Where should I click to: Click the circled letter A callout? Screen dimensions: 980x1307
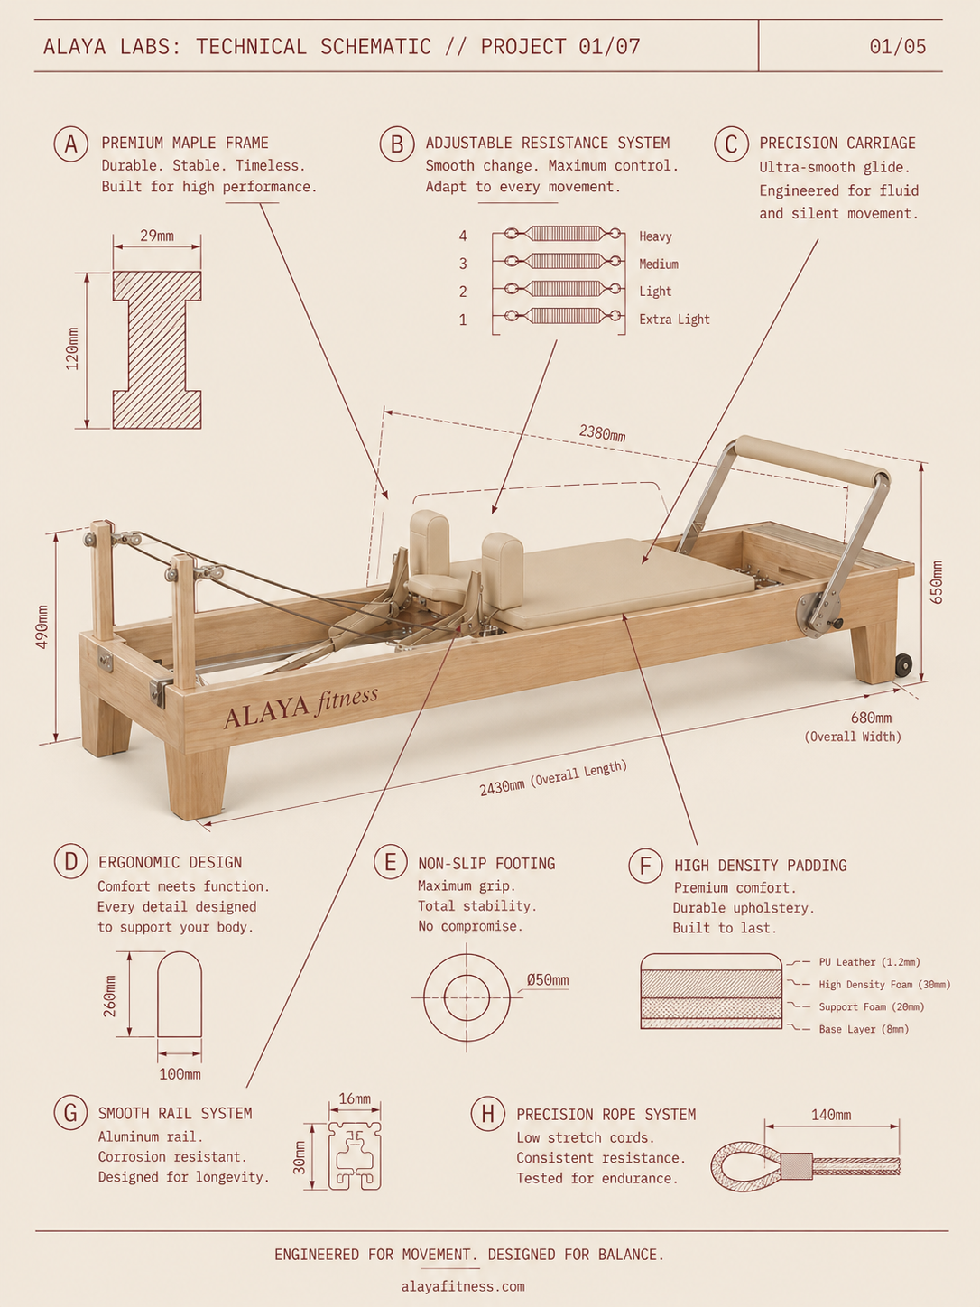coord(70,144)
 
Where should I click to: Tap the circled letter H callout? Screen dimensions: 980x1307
coord(488,1114)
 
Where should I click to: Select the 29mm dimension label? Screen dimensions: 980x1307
coord(157,236)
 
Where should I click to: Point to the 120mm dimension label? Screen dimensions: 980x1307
coord(72,349)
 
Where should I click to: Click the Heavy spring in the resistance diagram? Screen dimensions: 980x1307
coord(563,234)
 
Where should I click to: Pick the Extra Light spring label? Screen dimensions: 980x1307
coord(674,320)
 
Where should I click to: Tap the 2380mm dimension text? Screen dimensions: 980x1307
coord(602,433)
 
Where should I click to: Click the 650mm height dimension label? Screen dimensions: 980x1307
coord(937,582)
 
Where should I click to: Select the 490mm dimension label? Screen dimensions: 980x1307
coord(42,627)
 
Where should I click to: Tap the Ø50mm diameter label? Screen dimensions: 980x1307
coord(548,980)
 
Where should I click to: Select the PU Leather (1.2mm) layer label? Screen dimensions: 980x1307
coord(869,962)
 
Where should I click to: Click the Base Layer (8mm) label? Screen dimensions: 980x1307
coord(864,1029)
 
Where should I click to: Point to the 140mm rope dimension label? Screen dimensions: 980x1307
coord(831,1115)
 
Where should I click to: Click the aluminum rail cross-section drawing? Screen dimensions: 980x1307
coord(355,1155)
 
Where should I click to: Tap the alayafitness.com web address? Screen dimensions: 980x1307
coord(464,1286)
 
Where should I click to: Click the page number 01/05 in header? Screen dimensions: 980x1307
coord(898,46)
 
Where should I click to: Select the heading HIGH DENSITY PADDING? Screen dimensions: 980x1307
coord(761,866)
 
